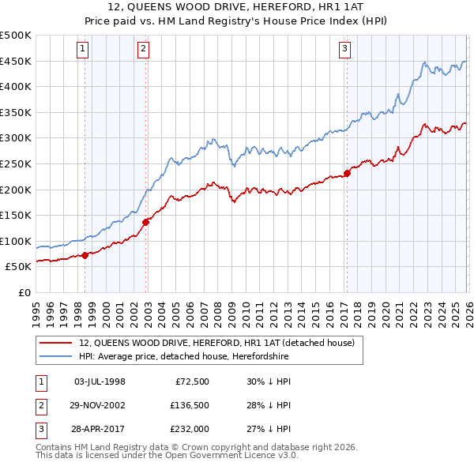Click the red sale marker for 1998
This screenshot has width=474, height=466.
(x=85, y=255)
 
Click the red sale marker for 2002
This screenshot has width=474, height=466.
(x=146, y=222)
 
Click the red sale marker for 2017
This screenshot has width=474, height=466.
(x=347, y=173)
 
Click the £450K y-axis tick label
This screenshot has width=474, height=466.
(x=17, y=61)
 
